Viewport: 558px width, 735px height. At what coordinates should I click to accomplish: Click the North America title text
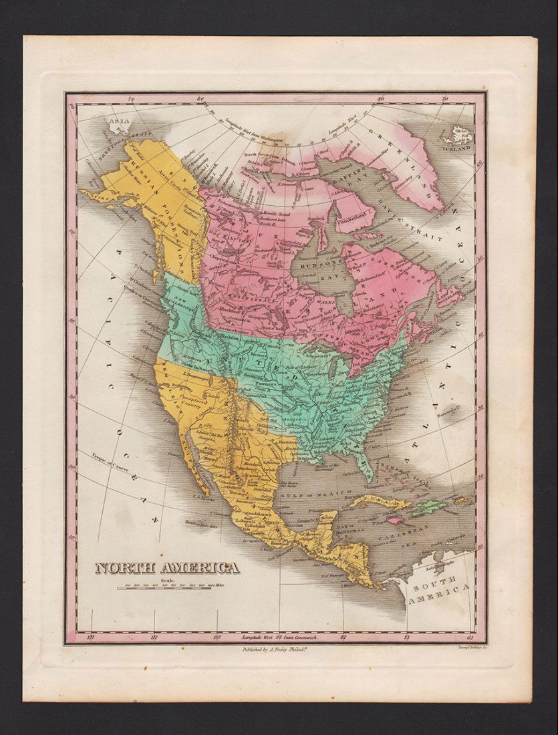pyautogui.click(x=166, y=568)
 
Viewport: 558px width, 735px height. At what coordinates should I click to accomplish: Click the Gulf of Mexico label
pyautogui.click(x=319, y=493)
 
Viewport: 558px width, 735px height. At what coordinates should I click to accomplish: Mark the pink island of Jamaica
pyautogui.click(x=396, y=520)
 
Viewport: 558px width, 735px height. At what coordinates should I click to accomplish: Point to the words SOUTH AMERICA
pyautogui.click(x=439, y=593)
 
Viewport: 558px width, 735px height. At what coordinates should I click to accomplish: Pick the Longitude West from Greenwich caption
pyautogui.click(x=280, y=638)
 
